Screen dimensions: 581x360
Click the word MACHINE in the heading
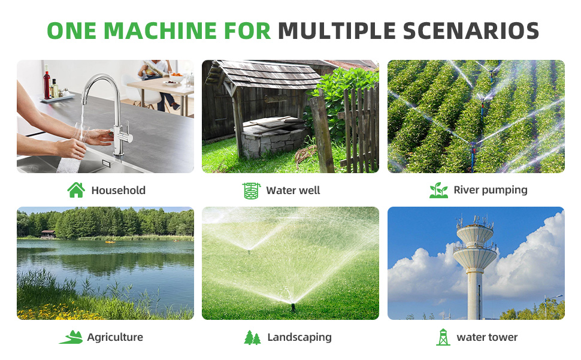[x=160, y=31]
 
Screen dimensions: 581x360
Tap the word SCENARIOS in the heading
[x=471, y=31]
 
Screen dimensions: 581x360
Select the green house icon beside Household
[x=76, y=190]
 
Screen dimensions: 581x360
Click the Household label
[x=118, y=190]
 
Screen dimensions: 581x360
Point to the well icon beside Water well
[x=251, y=190]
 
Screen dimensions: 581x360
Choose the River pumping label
[x=490, y=190]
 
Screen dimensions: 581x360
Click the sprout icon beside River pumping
[x=438, y=190]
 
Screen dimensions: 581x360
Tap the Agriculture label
[x=115, y=337]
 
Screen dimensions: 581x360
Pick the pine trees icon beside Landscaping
[x=252, y=337]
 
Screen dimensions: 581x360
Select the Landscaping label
[x=299, y=337]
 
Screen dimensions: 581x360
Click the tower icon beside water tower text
[x=443, y=337]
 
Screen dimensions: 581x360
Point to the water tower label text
[x=487, y=337]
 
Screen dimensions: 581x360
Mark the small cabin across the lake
[x=48, y=234]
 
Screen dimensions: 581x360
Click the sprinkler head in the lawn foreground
[x=293, y=307]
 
